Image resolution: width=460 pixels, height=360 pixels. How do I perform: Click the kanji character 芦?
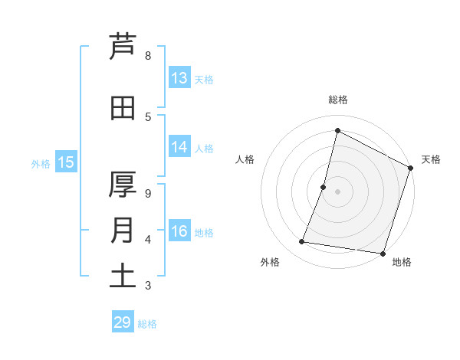(123, 46)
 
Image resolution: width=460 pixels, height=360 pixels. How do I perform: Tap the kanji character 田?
(123, 108)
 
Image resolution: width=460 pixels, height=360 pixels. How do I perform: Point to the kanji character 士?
(123, 276)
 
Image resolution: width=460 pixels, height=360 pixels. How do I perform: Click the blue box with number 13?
(179, 78)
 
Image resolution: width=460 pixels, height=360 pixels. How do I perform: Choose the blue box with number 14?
(179, 147)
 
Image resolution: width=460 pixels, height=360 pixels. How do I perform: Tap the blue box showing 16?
(179, 232)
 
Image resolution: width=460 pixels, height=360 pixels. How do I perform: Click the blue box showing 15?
(66, 162)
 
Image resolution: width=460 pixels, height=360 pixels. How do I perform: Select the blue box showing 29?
(123, 322)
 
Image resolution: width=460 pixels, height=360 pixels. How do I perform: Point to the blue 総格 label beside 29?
(148, 324)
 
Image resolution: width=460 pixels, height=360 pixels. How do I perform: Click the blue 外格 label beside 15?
(41, 163)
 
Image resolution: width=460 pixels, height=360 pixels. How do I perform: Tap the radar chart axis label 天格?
(431, 159)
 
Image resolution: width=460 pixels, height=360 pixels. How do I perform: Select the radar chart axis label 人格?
(245, 159)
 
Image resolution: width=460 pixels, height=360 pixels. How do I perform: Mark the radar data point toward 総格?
(337, 131)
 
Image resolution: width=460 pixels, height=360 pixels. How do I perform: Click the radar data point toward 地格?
(383, 253)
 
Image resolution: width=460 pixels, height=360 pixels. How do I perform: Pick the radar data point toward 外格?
(302, 242)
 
